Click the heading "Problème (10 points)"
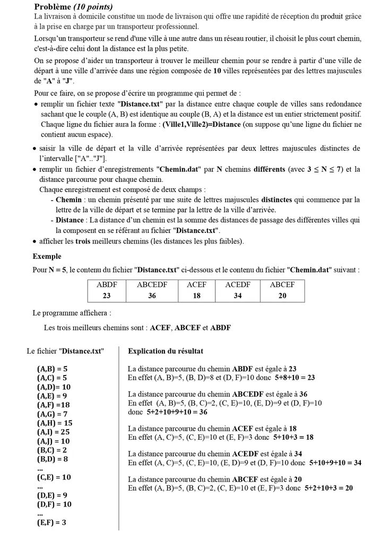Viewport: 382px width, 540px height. click(x=73, y=7)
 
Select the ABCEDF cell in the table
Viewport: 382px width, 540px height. click(x=152, y=284)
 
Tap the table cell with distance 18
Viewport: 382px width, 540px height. click(x=196, y=295)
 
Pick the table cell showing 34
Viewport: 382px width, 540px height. click(x=237, y=295)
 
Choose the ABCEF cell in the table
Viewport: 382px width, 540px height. click(x=282, y=284)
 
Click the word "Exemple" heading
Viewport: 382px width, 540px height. click(x=47, y=256)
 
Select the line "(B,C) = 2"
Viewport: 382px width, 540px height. click(x=53, y=450)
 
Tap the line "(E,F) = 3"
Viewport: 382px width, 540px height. click(x=51, y=522)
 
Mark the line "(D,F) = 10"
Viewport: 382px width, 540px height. click(x=54, y=504)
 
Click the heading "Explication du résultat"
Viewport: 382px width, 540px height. click(x=166, y=351)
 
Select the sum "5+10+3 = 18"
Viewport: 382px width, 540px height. click(x=293, y=437)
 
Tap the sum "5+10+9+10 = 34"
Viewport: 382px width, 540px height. click(x=335, y=463)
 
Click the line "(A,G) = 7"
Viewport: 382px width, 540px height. click(x=53, y=413)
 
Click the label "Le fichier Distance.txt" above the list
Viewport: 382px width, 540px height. click(x=65, y=351)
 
